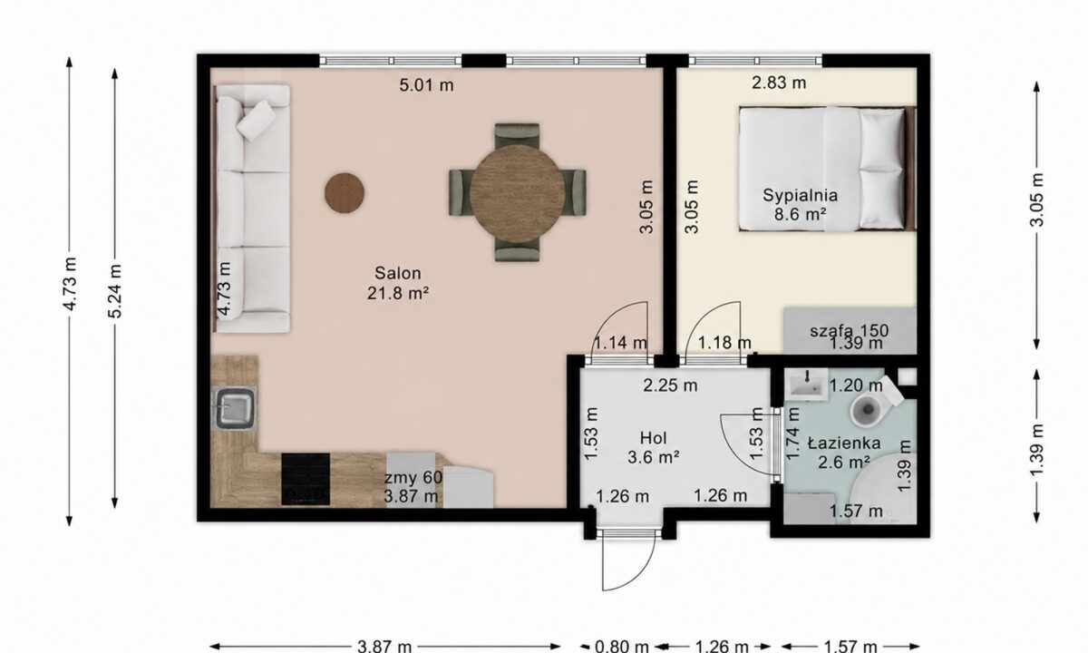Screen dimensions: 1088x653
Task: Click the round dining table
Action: tap(518, 193)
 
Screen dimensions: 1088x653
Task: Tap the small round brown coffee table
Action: tap(345, 193)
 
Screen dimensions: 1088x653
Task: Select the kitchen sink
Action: tap(235, 408)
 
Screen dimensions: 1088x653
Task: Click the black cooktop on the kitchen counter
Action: tap(306, 479)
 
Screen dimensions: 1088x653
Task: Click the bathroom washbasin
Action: tap(806, 384)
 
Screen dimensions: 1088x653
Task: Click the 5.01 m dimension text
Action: tap(426, 85)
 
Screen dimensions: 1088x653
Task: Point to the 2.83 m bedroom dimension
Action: tap(779, 83)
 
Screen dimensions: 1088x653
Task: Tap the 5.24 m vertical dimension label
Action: tap(115, 290)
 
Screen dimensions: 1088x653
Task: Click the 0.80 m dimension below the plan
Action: tap(622, 646)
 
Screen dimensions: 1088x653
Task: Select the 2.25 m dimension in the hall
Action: tap(670, 385)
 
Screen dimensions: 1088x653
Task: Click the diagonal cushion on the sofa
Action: tap(256, 121)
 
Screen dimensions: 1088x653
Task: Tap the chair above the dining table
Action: tap(517, 135)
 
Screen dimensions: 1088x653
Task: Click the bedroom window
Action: tap(755, 61)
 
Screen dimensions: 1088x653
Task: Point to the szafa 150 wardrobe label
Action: tap(849, 331)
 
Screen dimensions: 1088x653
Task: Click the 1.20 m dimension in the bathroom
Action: tap(855, 385)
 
